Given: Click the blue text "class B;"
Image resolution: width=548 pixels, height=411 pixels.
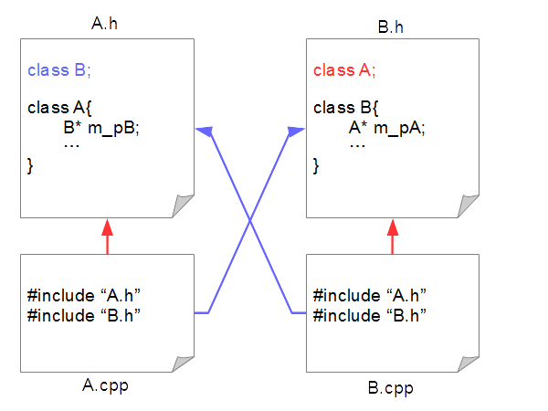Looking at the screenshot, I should pos(58,69).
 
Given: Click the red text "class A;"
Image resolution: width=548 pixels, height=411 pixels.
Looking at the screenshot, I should pos(344,69).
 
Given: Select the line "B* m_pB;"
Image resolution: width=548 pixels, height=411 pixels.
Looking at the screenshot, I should pos(100,127).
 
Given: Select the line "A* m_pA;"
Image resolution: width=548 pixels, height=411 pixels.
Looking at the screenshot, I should pos(387,127).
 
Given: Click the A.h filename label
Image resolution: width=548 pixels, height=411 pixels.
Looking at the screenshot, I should pos(104,23).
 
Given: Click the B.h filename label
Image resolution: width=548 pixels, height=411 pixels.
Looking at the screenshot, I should pos(390,26).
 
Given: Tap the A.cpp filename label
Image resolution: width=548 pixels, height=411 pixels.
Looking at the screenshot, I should pos(104,385).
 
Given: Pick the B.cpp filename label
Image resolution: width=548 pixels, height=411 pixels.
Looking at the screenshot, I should pos(390,387).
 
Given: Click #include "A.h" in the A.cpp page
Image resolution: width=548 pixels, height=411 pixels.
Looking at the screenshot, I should pos(85,296).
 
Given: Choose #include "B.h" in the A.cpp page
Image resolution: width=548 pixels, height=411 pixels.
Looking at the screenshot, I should pos(85,315).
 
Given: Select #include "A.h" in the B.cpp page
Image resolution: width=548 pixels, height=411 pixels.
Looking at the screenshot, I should pos(371,296).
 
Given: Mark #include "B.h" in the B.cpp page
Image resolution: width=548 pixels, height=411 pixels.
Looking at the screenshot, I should pos(371,315).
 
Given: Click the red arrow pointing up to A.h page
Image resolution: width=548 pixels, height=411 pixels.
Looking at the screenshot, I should pos(107,237).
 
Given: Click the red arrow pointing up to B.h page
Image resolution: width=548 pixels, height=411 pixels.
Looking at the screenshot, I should pos(393,237).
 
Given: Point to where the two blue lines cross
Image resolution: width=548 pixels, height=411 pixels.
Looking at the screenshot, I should pos(250,219).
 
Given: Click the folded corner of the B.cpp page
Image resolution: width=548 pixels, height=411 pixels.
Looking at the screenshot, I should pos(469,364).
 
